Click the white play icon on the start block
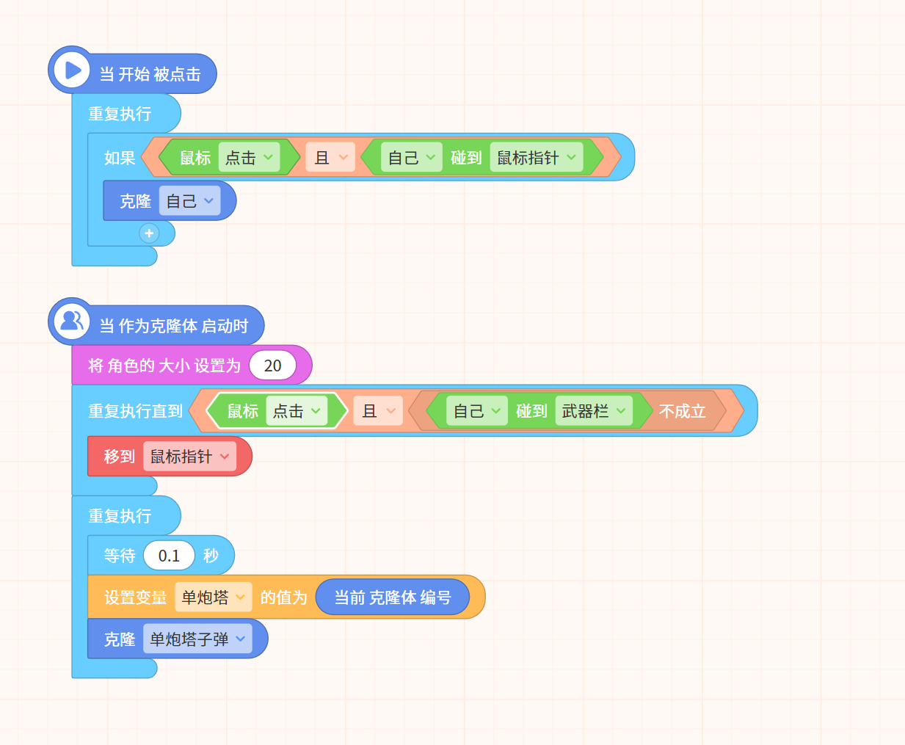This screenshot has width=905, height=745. click(x=73, y=70)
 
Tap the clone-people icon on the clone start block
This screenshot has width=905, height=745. click(x=72, y=321)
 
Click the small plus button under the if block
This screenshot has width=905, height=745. click(x=149, y=233)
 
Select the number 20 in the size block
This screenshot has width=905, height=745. click(x=272, y=366)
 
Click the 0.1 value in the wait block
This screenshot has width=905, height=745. click(x=169, y=556)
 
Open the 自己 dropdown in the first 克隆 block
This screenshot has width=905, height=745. click(x=189, y=201)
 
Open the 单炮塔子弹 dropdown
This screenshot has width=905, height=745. click(x=197, y=639)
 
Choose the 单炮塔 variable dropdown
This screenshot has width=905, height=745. click(x=214, y=597)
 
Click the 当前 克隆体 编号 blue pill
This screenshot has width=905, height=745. click(x=393, y=597)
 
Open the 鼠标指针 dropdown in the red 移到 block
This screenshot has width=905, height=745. click(x=189, y=457)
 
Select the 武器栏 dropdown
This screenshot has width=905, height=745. click(x=594, y=411)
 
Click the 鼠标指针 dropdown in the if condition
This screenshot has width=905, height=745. click(x=537, y=158)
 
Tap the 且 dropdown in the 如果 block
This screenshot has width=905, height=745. click(x=330, y=158)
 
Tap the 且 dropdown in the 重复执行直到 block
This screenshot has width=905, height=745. click(x=378, y=411)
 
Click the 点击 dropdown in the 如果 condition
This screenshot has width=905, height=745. click(x=250, y=158)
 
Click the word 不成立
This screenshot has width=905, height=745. click(x=683, y=411)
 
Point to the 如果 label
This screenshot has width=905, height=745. click(x=120, y=158)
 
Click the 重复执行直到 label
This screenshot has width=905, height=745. click(x=136, y=411)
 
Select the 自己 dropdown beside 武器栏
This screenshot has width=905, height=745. click(x=477, y=411)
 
